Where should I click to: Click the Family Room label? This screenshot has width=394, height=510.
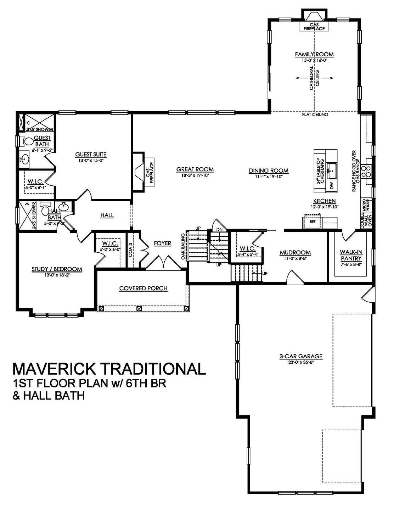tap(314, 54)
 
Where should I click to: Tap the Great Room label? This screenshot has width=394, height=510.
tap(195, 169)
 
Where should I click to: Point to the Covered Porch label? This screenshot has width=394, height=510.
tap(143, 288)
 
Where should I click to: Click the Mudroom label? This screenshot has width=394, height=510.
tap(295, 252)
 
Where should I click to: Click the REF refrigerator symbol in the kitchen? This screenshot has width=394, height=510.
tap(313, 222)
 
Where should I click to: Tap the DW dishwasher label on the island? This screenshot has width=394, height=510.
tap(332, 185)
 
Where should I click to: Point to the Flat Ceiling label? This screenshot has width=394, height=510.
tap(315, 114)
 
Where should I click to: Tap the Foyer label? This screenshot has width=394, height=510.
tap(162, 243)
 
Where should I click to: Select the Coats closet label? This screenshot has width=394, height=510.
tap(131, 250)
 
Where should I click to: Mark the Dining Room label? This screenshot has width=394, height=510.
tap(268, 171)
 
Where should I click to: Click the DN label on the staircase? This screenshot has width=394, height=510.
tap(219, 229)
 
